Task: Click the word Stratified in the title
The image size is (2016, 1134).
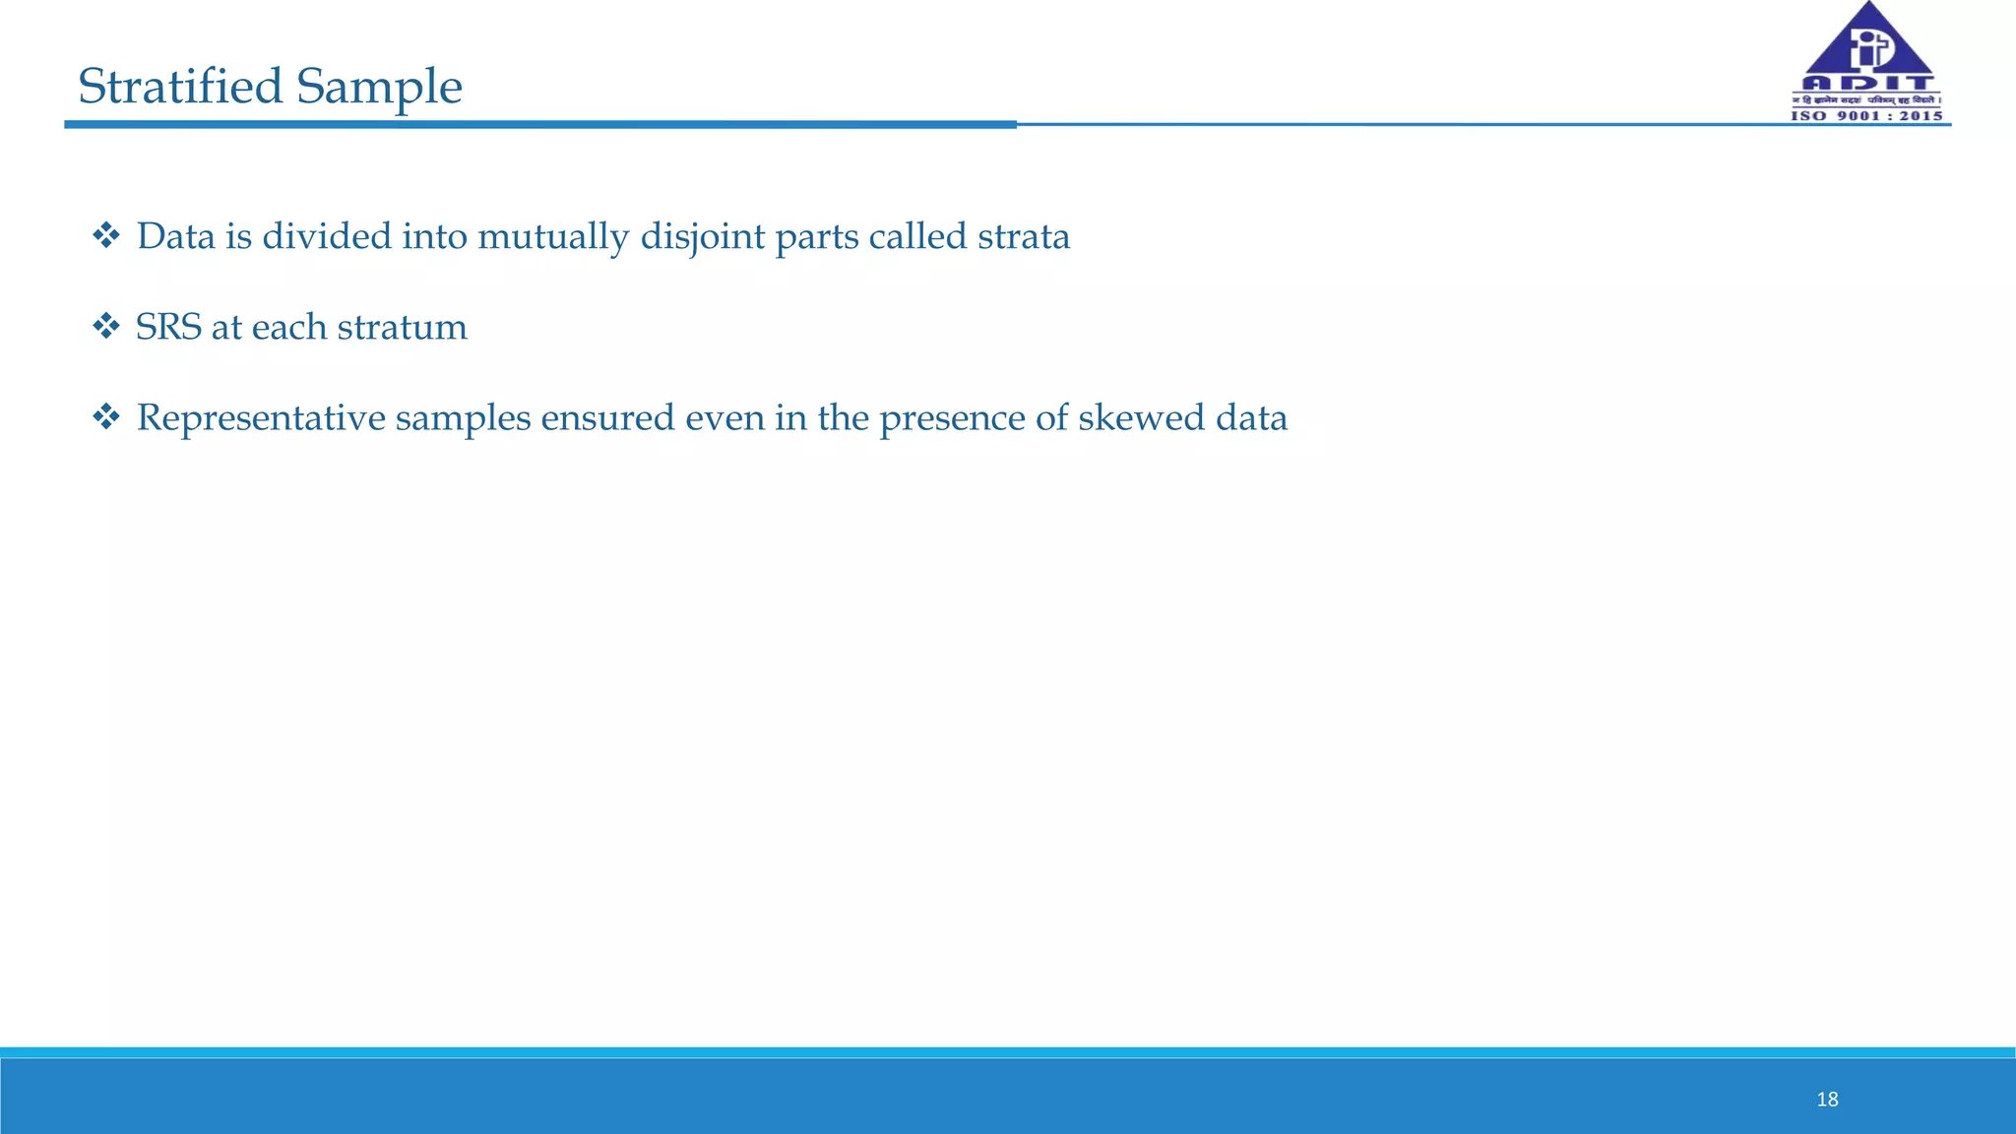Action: click(181, 87)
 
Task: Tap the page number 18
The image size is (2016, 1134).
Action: click(1827, 1100)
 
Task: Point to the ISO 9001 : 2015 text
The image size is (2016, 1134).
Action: click(1866, 116)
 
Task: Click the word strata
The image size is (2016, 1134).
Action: click(1024, 236)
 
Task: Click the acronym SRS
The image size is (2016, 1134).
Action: click(168, 327)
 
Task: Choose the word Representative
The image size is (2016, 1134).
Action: click(261, 418)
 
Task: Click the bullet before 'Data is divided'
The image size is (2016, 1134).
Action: click(105, 235)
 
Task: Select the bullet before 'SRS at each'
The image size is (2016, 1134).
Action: click(105, 326)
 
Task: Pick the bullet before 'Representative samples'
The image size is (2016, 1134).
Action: click(105, 416)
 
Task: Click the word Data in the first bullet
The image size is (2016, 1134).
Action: click(175, 236)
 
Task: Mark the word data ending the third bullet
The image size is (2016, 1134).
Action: click(1251, 417)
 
